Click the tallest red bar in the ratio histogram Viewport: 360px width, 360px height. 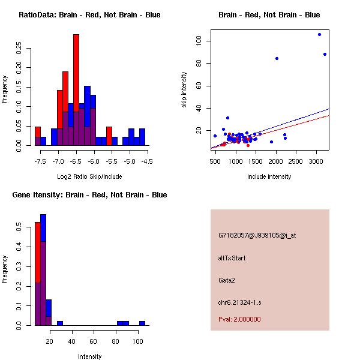click(76, 90)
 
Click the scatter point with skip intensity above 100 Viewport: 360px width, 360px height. click(319, 34)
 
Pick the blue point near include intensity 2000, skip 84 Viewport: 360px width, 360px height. click(277, 58)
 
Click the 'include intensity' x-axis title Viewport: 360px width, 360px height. click(269, 176)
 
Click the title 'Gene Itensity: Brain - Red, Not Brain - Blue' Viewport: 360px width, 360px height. click(89, 195)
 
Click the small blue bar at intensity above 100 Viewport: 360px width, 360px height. click(142, 323)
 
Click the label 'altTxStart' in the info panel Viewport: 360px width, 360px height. click(232, 258)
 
